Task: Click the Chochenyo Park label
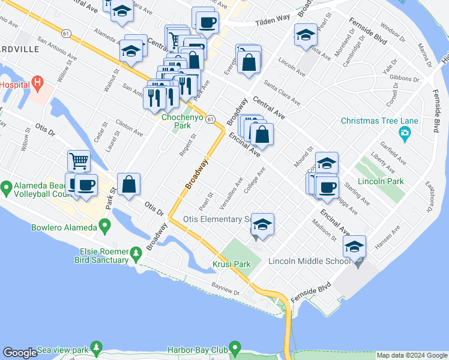click(175, 122)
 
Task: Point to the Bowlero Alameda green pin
click(105, 227)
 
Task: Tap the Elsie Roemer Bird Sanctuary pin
click(137, 254)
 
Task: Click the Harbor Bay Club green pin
click(235, 347)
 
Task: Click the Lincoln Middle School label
click(309, 261)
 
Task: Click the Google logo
click(20, 353)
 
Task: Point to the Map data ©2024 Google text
click(411, 355)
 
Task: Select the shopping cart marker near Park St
click(79, 161)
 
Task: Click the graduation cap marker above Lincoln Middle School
click(354, 246)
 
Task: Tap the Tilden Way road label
click(273, 20)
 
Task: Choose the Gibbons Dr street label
click(404, 79)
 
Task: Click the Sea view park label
click(62, 350)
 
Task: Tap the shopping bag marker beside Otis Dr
click(128, 184)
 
